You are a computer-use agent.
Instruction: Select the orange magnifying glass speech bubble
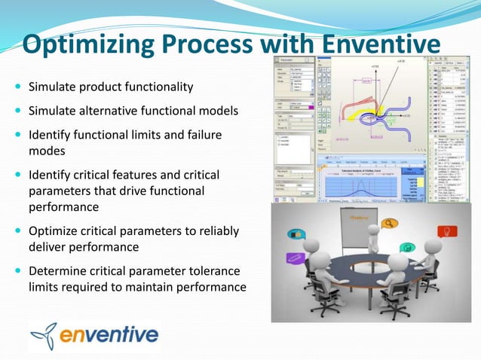(x=391, y=224)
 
